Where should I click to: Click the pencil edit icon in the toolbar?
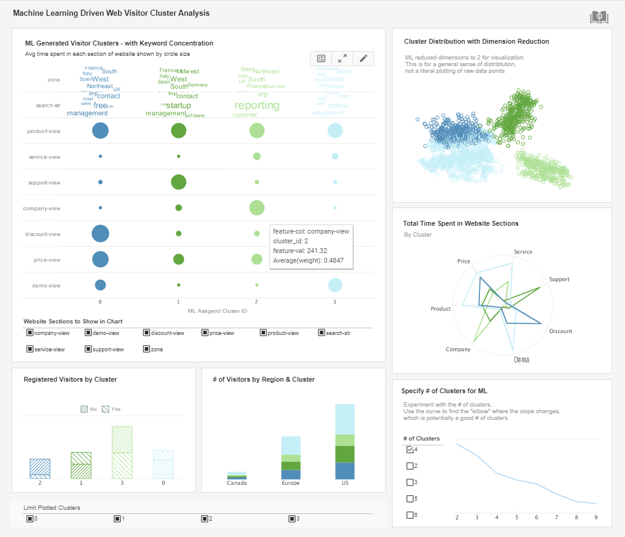tap(363, 58)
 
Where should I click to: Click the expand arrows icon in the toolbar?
tap(342, 58)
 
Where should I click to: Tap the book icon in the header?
tap(599, 18)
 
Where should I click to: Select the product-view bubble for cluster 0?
tap(100, 130)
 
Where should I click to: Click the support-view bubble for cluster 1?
tap(178, 182)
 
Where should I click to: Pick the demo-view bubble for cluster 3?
tap(335, 285)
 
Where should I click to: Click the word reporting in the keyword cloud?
tap(257, 105)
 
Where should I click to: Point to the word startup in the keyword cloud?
tap(178, 106)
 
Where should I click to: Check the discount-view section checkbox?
tap(146, 333)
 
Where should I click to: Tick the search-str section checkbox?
tap(321, 333)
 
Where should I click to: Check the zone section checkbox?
tap(146, 349)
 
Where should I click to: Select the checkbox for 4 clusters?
tap(410, 450)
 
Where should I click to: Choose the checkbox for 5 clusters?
tap(410, 499)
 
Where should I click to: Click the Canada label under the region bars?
tap(237, 483)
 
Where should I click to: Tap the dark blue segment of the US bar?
tap(345, 471)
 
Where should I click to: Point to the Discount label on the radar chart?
tap(561, 331)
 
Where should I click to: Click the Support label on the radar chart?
tap(559, 279)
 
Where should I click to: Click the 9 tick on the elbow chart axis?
tap(596, 517)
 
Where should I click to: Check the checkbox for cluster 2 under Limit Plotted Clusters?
tap(204, 519)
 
